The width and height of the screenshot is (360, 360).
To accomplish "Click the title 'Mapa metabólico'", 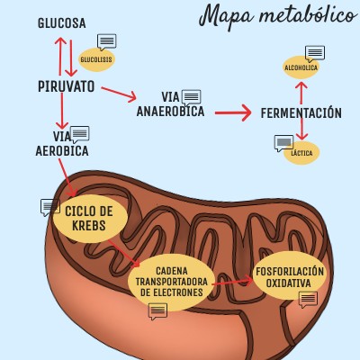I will click(x=276, y=16).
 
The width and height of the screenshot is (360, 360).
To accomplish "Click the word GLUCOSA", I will click(x=62, y=22).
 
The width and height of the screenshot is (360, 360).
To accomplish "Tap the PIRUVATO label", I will click(x=67, y=86).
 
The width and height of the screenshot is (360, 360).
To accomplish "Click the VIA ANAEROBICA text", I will click(x=171, y=104).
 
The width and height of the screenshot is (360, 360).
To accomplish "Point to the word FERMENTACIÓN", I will click(x=301, y=113).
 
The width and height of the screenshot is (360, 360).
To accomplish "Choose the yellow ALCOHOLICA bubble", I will click(x=301, y=67).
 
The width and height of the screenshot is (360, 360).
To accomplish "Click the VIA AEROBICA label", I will click(x=63, y=144).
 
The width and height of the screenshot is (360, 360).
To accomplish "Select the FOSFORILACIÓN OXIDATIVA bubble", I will click(x=289, y=276).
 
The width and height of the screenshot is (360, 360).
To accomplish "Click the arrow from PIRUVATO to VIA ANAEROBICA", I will click(x=118, y=92).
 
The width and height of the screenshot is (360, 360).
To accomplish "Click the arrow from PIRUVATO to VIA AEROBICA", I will click(x=60, y=112).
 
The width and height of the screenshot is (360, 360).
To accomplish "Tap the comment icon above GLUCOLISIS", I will click(x=107, y=41).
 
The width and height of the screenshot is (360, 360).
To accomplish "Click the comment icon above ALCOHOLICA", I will click(x=314, y=52).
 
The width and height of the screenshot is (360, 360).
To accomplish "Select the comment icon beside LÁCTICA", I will click(x=283, y=142).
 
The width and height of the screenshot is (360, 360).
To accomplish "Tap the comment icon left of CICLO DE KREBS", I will click(x=50, y=207).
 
